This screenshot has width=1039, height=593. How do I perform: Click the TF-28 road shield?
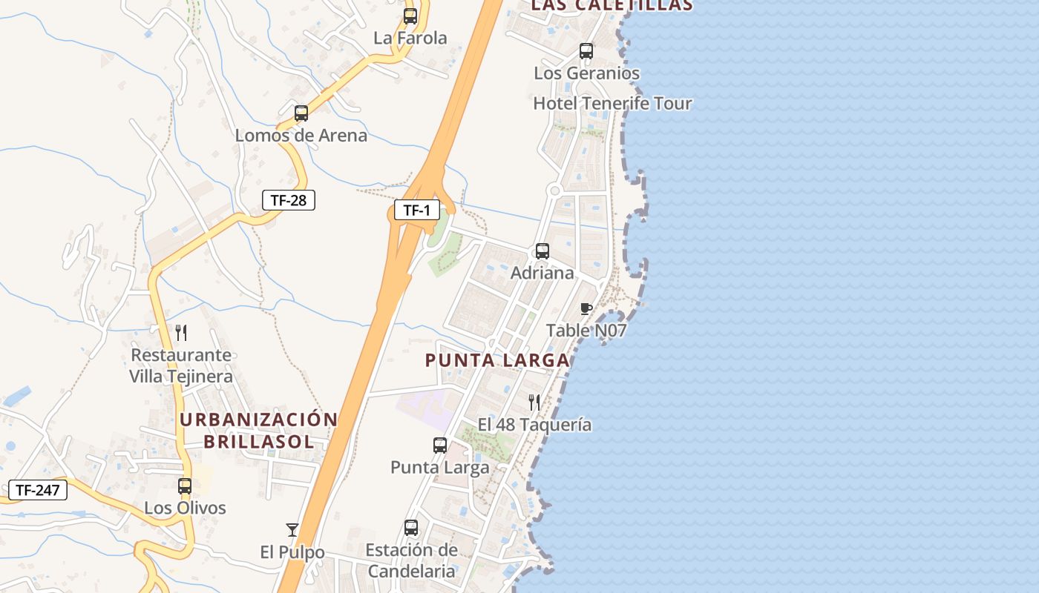click(x=289, y=199)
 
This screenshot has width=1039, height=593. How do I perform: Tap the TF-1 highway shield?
click(x=416, y=210)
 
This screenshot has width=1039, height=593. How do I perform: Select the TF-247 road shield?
click(x=38, y=490)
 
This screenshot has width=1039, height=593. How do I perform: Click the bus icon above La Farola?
click(x=410, y=16)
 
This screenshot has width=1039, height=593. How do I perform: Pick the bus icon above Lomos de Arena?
click(x=301, y=113)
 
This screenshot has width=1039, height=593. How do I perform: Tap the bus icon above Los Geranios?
click(x=586, y=51)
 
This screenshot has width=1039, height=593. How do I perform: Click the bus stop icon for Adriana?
click(x=543, y=251)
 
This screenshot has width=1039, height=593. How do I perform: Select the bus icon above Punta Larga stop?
click(x=440, y=445)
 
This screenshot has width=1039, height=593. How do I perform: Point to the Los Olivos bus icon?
click(x=185, y=486)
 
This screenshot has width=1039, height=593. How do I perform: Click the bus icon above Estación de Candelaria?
click(x=411, y=528)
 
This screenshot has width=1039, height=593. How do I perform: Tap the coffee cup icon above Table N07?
click(x=586, y=308)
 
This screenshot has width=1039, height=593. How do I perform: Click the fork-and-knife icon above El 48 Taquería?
click(x=534, y=402)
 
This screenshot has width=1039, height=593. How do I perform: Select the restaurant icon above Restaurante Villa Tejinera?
click(x=181, y=333)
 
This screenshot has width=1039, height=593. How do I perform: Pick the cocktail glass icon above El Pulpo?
click(x=292, y=530)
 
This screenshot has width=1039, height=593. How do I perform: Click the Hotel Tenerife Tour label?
click(x=612, y=104)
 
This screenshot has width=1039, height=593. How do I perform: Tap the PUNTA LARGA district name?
click(x=497, y=361)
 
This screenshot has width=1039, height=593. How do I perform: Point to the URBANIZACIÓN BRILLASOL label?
click(x=258, y=431)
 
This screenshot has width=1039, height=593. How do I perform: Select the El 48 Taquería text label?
click(x=534, y=425)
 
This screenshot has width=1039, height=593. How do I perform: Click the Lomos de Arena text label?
click(x=301, y=136)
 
